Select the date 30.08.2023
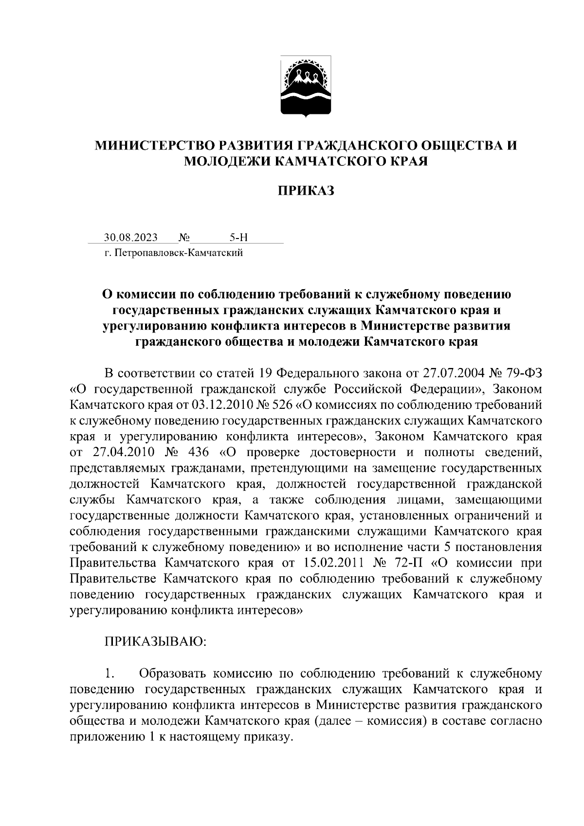(x=130, y=238)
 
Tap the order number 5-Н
(x=238, y=238)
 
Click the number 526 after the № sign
(x=283, y=405)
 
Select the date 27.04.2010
(x=123, y=452)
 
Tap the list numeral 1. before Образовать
(x=110, y=674)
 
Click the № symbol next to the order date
(x=184, y=238)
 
